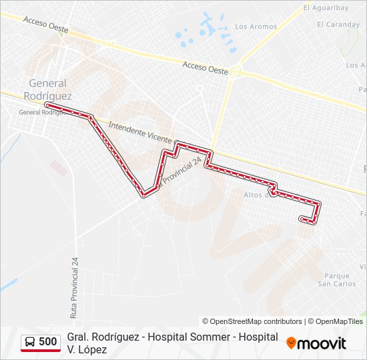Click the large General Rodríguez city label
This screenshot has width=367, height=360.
(x=47, y=89)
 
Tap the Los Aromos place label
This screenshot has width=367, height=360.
(x=256, y=27)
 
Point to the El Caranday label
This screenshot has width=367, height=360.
(x=338, y=25)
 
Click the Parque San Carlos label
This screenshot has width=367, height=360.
(x=337, y=279)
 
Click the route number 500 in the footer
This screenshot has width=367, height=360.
(x=47, y=342)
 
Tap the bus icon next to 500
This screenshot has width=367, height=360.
(x=30, y=342)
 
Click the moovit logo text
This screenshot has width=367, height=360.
(x=321, y=343)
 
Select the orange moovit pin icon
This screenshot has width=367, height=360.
(x=291, y=343)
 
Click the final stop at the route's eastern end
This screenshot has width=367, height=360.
(x=302, y=218)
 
